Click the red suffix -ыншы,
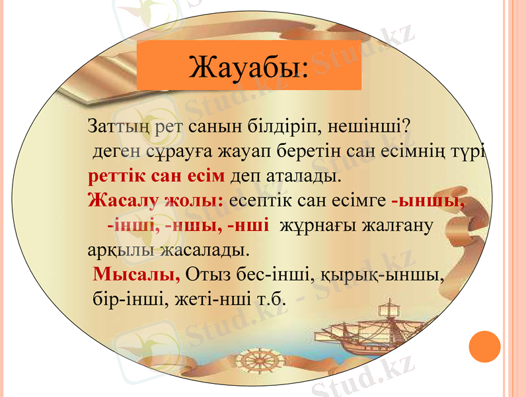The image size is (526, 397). click(428, 200)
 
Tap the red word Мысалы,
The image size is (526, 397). click(137, 274)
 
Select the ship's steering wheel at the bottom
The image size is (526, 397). click(254, 362)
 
